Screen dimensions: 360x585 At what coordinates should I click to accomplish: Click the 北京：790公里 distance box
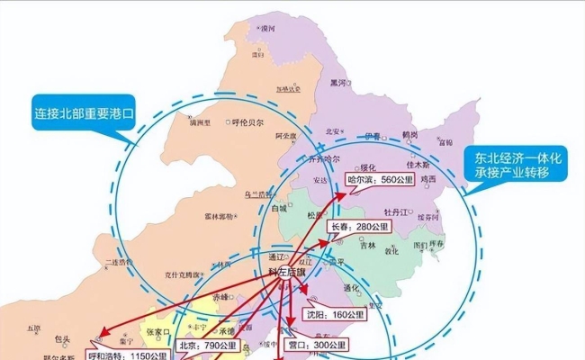tap(207, 344)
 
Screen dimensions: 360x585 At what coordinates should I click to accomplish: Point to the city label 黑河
tap(337, 83)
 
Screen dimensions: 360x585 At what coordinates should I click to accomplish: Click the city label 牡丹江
tap(400, 212)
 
